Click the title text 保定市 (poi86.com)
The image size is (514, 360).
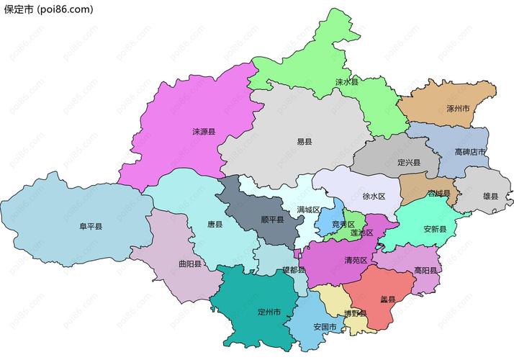pos(48,9)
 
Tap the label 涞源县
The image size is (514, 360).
pos(204,132)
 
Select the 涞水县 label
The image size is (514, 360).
pos(346,83)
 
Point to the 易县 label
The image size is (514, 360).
pos(305,142)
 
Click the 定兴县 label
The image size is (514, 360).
pos(408,163)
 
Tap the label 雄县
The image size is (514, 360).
pos(490,194)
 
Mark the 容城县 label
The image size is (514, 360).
pos(438,194)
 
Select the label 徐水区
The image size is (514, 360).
pos(374,196)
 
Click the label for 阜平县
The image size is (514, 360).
pos(91,226)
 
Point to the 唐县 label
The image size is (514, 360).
pos(215,224)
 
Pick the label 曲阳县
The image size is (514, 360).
pos(190,264)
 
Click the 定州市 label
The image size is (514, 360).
pos(269,312)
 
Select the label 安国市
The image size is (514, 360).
pos(325,326)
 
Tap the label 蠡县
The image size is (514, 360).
pos(387,298)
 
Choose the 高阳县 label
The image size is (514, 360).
pos(426,270)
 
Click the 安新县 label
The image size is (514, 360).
pos(435,229)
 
